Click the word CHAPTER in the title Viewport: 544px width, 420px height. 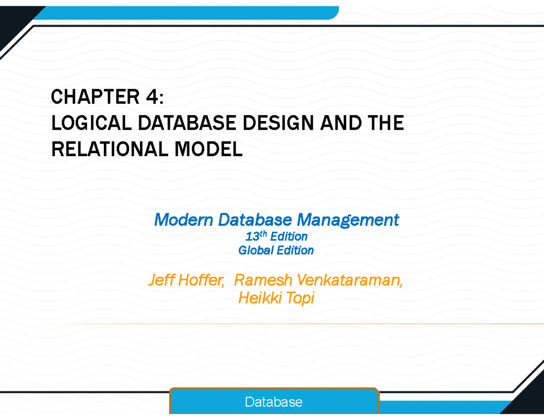point(95,97)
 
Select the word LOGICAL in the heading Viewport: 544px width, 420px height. point(92,123)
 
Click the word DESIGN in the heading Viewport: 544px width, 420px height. point(278,123)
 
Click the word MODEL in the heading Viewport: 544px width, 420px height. point(209,149)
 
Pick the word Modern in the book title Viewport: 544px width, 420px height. point(184,220)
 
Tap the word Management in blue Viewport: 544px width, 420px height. point(348,220)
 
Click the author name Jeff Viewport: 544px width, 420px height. point(162,280)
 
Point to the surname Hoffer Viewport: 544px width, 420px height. point(201,280)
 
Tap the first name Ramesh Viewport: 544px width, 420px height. point(263,280)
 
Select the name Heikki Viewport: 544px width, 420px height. point(260,298)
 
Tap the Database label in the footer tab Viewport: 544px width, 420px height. point(274,402)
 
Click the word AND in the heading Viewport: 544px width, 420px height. point(341,123)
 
